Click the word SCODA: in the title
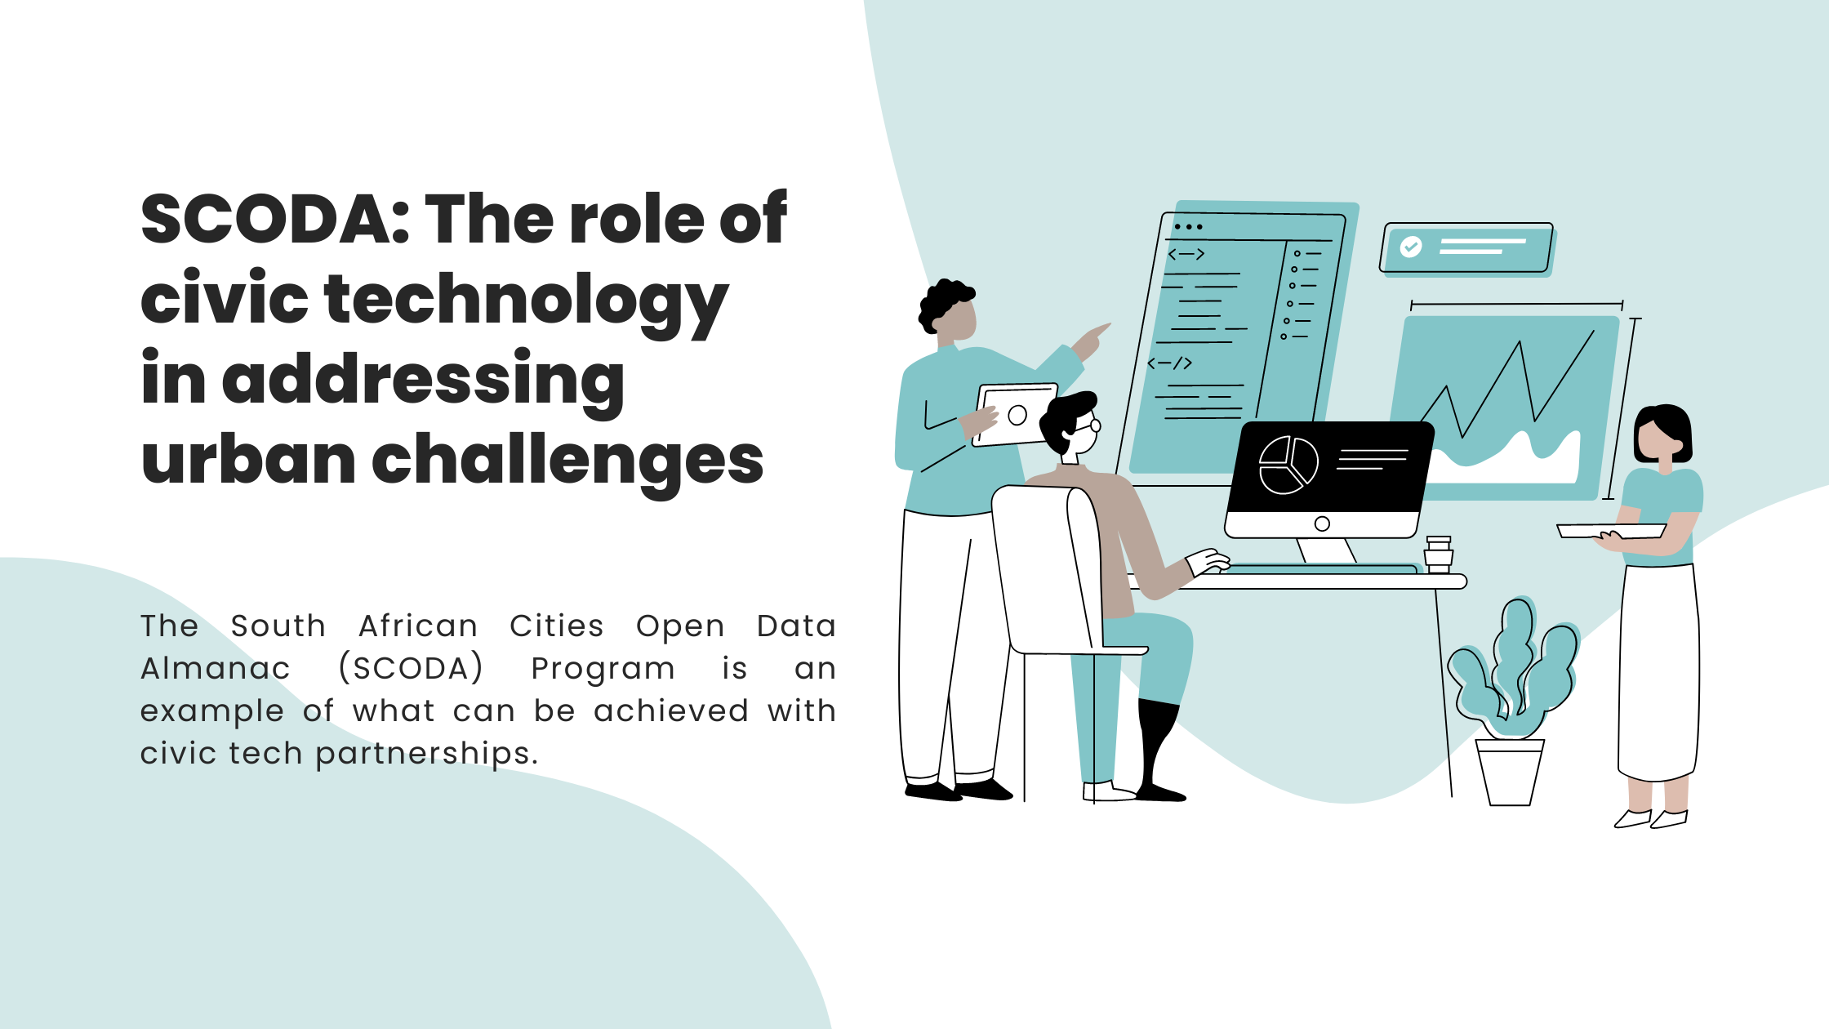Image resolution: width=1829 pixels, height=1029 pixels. click(x=275, y=219)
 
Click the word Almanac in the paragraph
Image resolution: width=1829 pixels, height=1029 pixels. click(x=216, y=668)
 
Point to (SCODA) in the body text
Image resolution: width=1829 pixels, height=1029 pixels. click(x=411, y=668)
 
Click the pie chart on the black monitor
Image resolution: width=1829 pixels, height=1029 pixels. click(x=1288, y=465)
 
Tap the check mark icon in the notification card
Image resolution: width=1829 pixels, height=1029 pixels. click(x=1411, y=247)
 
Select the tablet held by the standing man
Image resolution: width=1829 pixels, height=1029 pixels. click(x=1014, y=415)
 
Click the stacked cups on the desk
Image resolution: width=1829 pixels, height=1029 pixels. click(x=1439, y=555)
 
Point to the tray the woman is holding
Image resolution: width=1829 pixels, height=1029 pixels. click(x=1611, y=531)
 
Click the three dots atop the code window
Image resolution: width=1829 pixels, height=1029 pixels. click(x=1188, y=227)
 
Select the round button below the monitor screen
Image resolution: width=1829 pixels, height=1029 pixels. click(x=1322, y=524)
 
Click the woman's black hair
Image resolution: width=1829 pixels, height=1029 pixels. click(x=1663, y=431)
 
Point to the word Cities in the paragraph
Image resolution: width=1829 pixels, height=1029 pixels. click(x=557, y=626)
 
